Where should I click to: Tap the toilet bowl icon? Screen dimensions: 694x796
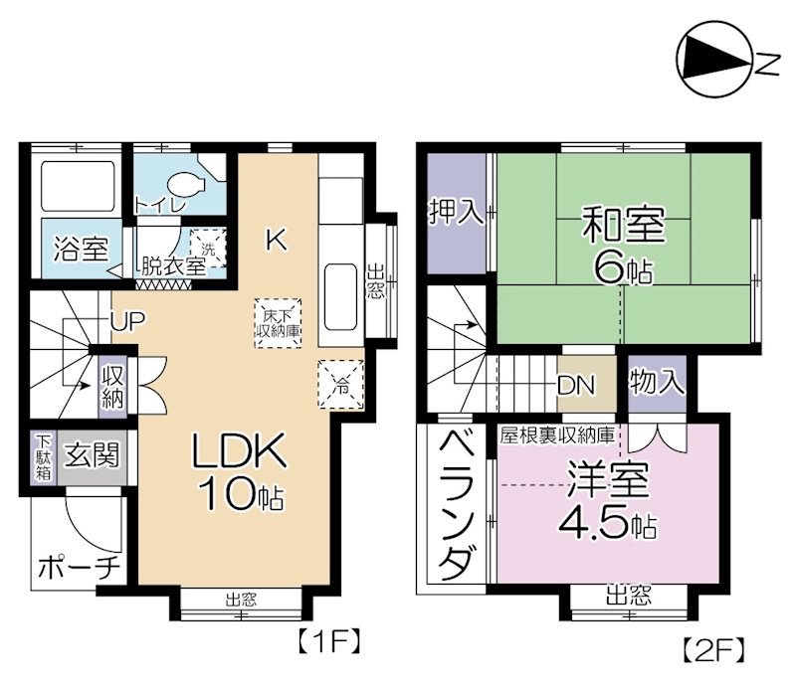click(x=186, y=184)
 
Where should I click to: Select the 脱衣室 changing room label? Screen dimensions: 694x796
click(x=172, y=265)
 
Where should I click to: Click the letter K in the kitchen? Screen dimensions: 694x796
click(x=276, y=240)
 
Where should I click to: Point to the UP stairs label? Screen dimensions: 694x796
click(x=127, y=322)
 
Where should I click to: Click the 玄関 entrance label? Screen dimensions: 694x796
click(x=92, y=455)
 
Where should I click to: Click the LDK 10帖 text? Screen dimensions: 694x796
click(x=240, y=471)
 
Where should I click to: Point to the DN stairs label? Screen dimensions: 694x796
click(x=577, y=384)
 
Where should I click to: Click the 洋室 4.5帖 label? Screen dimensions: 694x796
click(x=609, y=500)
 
